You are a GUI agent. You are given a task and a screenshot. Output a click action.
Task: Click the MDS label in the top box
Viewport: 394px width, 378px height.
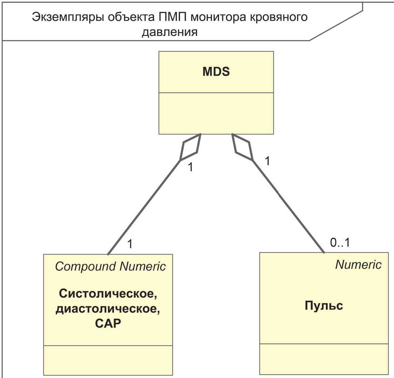(x=216, y=72)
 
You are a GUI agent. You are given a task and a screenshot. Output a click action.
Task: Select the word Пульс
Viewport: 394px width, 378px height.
(x=324, y=306)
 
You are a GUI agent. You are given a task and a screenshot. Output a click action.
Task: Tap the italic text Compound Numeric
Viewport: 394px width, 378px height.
(x=110, y=266)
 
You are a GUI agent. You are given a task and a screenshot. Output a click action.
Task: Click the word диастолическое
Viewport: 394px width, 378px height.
(x=108, y=309)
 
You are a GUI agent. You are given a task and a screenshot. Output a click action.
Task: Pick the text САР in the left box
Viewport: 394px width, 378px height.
(x=108, y=323)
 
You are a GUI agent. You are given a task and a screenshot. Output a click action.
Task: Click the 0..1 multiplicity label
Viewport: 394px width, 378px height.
(x=340, y=243)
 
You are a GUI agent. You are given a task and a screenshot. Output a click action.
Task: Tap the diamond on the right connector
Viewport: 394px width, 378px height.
(x=242, y=147)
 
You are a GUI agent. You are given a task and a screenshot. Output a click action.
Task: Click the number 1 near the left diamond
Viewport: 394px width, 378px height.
(x=190, y=167)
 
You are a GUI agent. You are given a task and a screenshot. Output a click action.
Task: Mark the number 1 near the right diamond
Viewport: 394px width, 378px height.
(x=267, y=161)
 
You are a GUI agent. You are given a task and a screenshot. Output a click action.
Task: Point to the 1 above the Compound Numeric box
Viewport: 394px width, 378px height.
(x=130, y=244)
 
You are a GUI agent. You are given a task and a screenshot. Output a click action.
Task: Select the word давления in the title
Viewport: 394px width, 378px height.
(x=170, y=32)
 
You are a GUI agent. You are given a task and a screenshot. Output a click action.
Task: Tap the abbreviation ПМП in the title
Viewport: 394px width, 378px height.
(x=172, y=17)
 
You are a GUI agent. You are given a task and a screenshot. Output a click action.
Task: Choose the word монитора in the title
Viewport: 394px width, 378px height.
(x=218, y=18)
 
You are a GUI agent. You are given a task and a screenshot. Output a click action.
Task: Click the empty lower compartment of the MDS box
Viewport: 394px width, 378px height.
(x=216, y=113)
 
